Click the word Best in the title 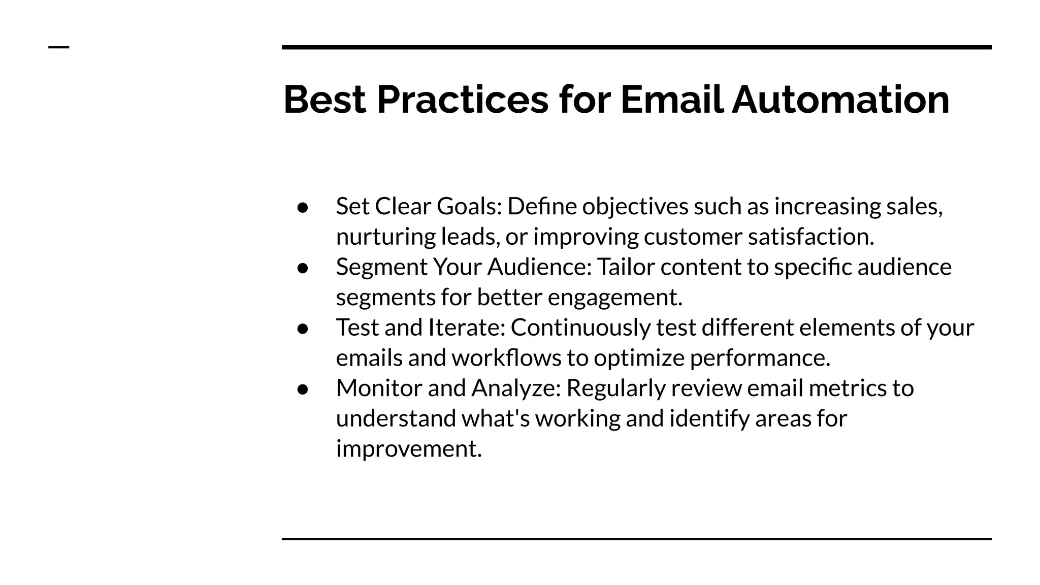324,100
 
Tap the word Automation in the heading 840,100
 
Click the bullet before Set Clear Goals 303,207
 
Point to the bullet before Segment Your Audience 303,268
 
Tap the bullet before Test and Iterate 303,329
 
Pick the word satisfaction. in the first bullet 811,237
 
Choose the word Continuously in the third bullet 580,328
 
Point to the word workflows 506,358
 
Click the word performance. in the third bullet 760,358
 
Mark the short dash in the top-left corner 58,47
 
